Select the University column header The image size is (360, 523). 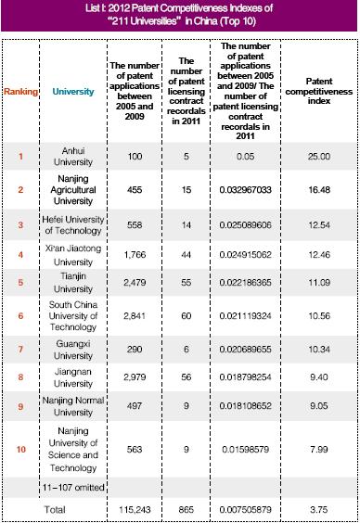(x=68, y=91)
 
